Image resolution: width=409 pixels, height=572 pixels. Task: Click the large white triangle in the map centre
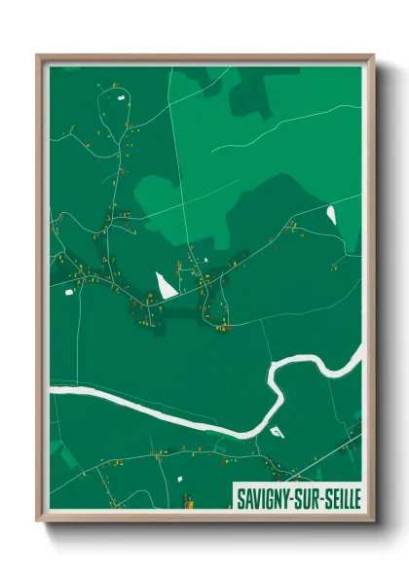click(x=166, y=284)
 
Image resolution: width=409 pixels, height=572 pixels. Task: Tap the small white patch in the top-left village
click(x=121, y=97)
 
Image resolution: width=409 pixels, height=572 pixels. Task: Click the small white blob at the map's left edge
click(x=70, y=290)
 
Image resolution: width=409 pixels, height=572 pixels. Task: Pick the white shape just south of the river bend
click(x=276, y=431)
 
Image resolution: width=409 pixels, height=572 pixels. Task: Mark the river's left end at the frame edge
click(x=53, y=391)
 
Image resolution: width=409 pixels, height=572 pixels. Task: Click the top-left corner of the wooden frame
click(x=38, y=56)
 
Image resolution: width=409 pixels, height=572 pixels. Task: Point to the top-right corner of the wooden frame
click(x=372, y=56)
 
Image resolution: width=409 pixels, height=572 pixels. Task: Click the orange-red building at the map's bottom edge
click(x=187, y=503)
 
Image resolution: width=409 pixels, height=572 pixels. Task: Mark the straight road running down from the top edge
click(x=176, y=146)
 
